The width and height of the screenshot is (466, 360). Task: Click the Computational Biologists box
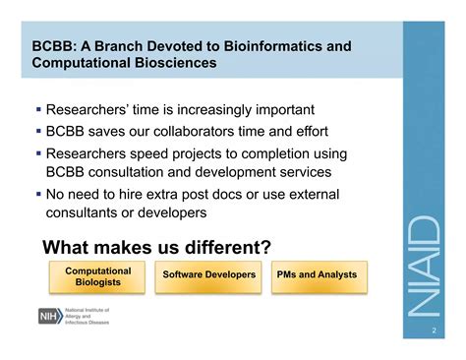tap(97, 276)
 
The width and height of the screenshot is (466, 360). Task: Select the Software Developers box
tap(209, 274)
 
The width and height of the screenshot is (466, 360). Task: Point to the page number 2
tap(434, 331)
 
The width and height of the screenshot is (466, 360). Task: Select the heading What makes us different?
tap(157, 246)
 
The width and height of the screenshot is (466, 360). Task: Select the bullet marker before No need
tap(38, 194)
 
